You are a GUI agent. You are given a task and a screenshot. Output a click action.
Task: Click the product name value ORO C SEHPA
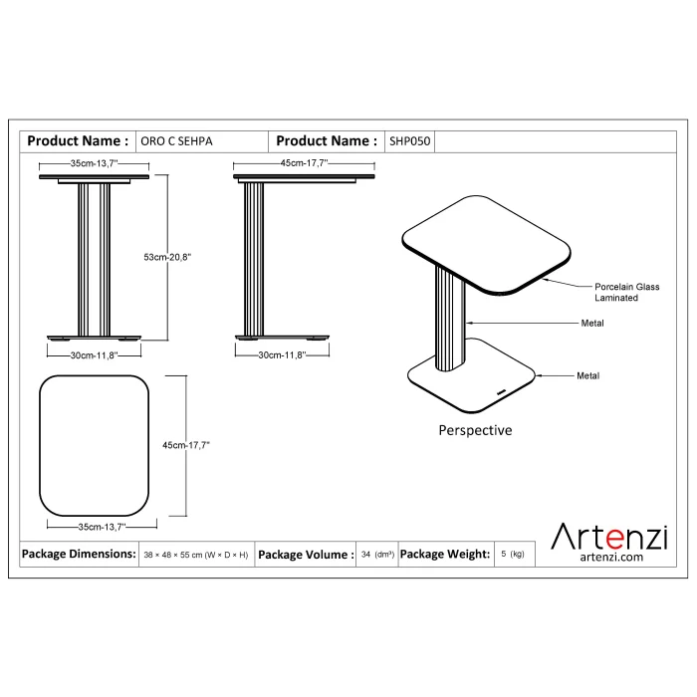click(x=176, y=141)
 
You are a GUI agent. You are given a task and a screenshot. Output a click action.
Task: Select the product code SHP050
click(x=410, y=141)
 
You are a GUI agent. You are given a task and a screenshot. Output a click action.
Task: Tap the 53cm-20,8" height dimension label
click(x=167, y=257)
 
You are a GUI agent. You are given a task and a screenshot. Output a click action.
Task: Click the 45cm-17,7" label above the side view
click(x=304, y=163)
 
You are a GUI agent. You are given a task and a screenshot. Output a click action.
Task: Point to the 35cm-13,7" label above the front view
click(x=95, y=163)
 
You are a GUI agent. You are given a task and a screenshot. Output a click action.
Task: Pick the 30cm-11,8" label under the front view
click(x=95, y=355)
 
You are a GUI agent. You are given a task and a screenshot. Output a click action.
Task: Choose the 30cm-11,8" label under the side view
click(x=282, y=355)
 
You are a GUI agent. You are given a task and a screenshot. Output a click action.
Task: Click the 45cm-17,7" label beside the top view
click(x=186, y=445)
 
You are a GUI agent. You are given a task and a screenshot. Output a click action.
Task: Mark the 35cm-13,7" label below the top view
click(x=103, y=527)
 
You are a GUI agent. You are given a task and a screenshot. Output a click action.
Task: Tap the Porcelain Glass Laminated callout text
click(x=626, y=292)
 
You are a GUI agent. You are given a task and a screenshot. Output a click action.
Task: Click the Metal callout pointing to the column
click(x=592, y=324)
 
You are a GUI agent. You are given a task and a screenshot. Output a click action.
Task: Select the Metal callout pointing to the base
click(x=587, y=375)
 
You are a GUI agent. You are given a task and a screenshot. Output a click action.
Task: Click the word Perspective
click(x=475, y=430)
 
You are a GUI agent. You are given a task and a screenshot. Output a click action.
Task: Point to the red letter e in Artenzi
click(x=614, y=539)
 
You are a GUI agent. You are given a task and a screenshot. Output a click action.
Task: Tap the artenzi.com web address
click(x=611, y=557)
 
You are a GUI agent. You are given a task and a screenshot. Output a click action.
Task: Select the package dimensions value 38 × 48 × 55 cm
click(x=196, y=555)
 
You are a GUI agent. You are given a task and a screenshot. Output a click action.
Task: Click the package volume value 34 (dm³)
click(x=377, y=555)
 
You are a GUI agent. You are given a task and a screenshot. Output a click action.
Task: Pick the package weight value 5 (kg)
click(x=513, y=554)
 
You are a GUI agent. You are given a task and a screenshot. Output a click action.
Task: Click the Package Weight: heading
click(x=445, y=554)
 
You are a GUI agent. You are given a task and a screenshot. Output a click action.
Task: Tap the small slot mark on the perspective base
click(x=501, y=392)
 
